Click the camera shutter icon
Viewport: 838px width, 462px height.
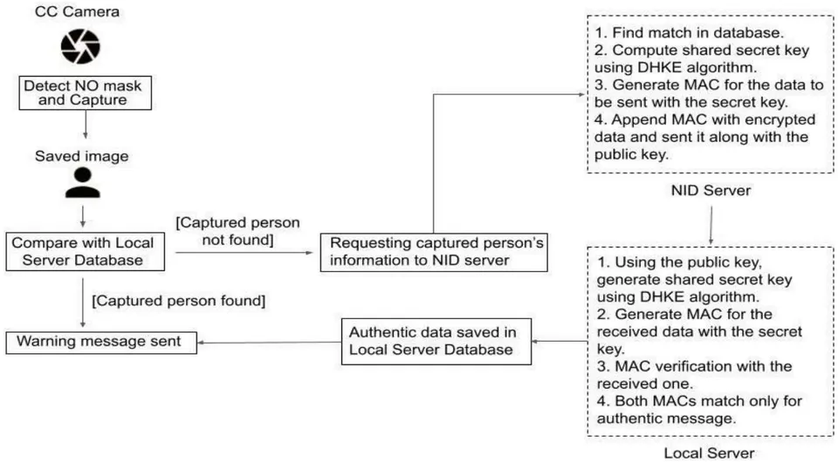80,47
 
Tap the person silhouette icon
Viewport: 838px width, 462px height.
83,183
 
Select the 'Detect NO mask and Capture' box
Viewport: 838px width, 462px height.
85,92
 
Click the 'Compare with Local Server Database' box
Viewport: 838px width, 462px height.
85,251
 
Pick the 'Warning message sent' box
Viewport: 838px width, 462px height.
101,343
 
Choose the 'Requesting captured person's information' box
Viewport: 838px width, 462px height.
434,252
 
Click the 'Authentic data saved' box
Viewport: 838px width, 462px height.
436,342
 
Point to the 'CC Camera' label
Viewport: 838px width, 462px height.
77,11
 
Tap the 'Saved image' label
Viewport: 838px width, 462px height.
82,156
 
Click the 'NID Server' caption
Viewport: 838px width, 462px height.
711,190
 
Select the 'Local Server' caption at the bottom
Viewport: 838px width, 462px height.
709,453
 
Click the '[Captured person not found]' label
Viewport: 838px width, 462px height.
237,231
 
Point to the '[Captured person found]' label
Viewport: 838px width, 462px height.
178,301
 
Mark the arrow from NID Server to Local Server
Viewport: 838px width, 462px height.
711,226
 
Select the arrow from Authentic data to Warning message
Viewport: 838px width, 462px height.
270,343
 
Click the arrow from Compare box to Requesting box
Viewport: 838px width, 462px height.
244,252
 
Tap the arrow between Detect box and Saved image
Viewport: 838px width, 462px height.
85,125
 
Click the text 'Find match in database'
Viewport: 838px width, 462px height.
697,33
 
